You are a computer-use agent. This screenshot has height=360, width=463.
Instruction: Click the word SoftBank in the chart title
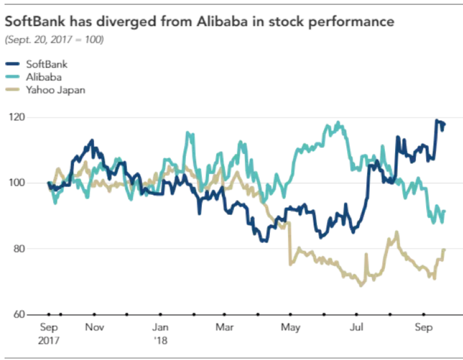[x=32, y=22]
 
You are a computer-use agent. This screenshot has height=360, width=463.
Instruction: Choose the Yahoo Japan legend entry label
[x=55, y=90]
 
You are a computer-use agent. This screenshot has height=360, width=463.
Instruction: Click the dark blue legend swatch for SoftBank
[x=13, y=64]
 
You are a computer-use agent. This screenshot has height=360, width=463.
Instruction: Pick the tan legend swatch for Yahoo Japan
[x=13, y=90]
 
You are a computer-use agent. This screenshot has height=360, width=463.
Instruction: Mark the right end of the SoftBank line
[x=445, y=124]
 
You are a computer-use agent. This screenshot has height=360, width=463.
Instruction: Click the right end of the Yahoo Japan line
[x=445, y=249]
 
